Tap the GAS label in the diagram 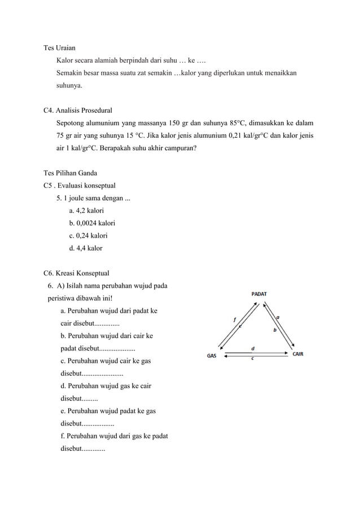click(212, 356)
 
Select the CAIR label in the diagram click(300, 355)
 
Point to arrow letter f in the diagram click(235, 320)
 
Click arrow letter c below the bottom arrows click(252, 359)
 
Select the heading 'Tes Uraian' click(60, 47)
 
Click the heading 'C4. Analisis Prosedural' click(81, 111)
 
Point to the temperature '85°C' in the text click(241, 123)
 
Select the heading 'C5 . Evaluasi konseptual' click(80, 185)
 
